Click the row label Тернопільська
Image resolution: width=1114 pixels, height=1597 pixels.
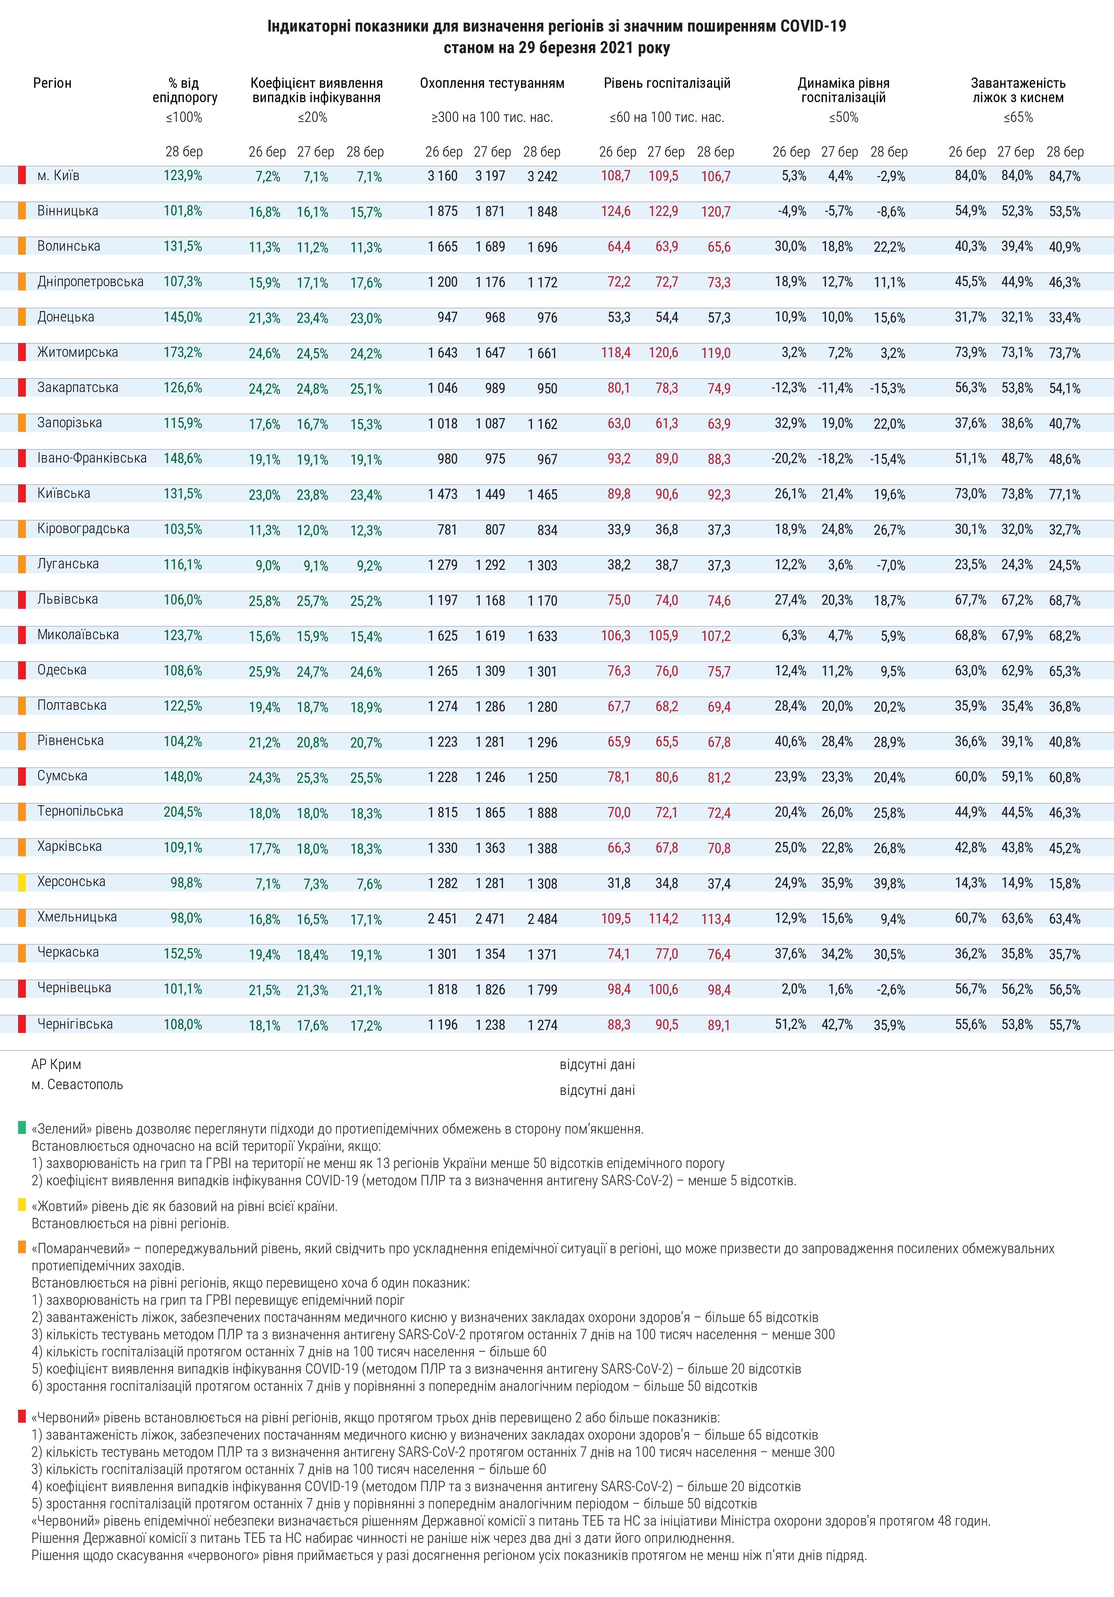[80, 811]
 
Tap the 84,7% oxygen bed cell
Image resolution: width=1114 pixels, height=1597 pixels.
[1065, 176]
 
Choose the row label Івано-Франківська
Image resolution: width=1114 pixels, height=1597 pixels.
[92, 458]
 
